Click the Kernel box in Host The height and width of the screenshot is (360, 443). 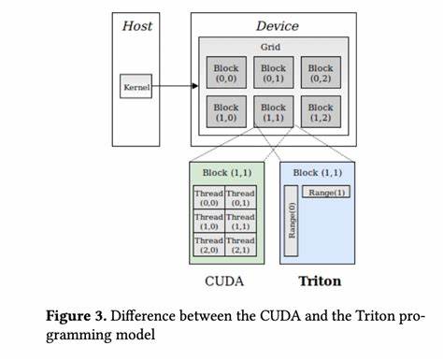136,87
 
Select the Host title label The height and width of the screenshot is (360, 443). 136,25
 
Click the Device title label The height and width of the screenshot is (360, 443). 272,25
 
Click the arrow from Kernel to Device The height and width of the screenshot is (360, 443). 175,87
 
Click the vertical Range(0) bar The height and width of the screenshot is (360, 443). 290,221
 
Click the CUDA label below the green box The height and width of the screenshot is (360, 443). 224,281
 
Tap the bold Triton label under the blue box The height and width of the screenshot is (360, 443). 319,281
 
